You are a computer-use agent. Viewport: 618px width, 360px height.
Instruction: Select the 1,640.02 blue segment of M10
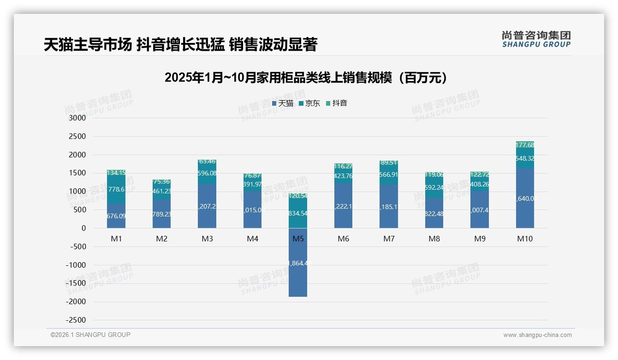click(x=525, y=198)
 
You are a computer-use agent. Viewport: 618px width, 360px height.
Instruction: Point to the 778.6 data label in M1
click(x=116, y=189)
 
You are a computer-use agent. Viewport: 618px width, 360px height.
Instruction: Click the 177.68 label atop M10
click(x=525, y=145)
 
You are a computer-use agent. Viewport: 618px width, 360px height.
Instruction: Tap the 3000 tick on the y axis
click(x=77, y=118)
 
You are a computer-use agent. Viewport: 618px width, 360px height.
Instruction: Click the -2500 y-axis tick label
click(x=76, y=320)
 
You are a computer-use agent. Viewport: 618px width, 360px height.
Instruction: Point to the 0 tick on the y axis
click(x=83, y=228)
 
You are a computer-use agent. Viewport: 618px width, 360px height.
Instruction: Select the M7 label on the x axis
click(x=389, y=239)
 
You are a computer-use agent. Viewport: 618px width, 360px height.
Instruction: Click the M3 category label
click(x=207, y=239)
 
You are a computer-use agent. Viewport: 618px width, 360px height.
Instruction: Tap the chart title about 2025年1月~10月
click(x=306, y=78)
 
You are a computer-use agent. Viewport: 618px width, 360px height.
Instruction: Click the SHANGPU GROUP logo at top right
click(x=536, y=39)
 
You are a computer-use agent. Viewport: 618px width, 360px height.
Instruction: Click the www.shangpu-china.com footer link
click(x=537, y=335)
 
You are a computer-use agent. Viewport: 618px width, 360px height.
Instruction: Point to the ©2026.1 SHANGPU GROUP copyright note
click(x=90, y=335)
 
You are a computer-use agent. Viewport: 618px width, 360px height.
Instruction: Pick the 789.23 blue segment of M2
click(x=161, y=214)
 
